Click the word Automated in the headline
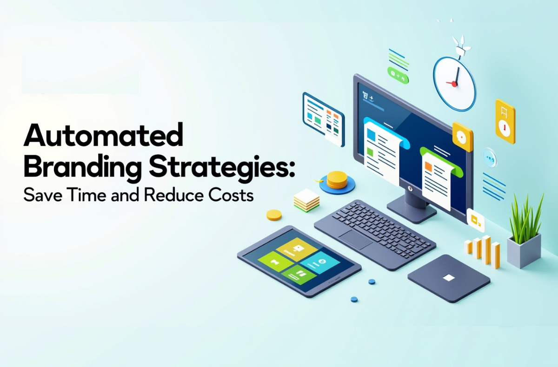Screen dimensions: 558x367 coord(103,135)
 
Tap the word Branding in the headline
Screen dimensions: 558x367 coord(82,167)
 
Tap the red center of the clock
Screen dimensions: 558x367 coord(454,84)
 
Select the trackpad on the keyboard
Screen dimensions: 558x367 coord(355,240)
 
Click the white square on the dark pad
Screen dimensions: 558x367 coord(449,278)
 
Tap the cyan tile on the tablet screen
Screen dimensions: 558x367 coord(320,263)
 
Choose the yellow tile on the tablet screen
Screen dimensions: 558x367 coord(297,249)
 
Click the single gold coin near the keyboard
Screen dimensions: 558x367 coord(274,215)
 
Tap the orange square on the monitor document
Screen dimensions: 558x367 coord(428,166)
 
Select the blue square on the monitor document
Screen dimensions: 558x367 coord(371,135)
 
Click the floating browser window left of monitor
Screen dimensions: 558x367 coord(323,119)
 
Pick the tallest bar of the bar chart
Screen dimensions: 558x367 coord(486,249)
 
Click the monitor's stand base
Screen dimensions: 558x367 coord(412,213)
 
